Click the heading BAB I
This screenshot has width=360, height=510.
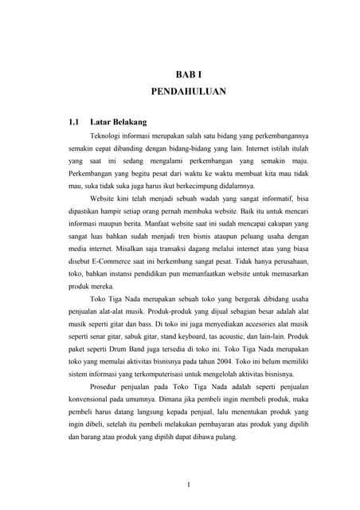tap(189, 73)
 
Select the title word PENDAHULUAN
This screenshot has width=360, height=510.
tap(189, 92)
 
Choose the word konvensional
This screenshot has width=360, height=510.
tap(95, 399)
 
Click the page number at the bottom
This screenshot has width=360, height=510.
tap(188, 484)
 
